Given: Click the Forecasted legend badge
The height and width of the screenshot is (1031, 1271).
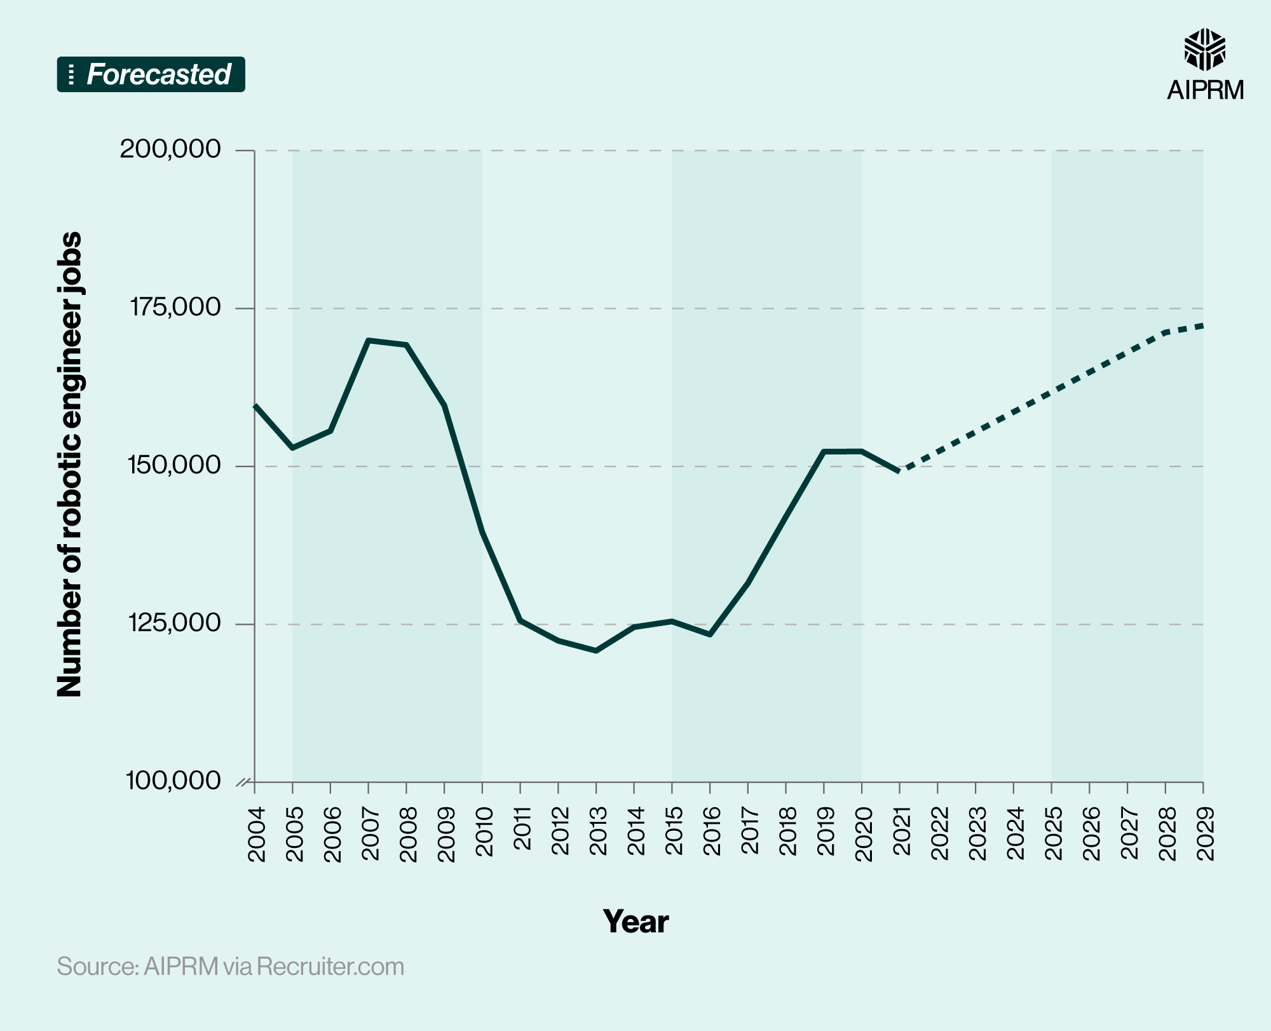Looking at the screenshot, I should (x=151, y=74).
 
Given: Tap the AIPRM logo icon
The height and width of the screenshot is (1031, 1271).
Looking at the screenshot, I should (x=1204, y=50).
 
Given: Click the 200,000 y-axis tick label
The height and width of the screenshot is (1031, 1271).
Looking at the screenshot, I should (x=170, y=149).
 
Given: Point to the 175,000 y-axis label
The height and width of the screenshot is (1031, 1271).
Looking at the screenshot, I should (x=175, y=308).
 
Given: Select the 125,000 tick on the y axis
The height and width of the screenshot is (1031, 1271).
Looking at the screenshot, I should (x=175, y=624).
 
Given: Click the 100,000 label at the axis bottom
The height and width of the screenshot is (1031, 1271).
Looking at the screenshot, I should (x=173, y=781).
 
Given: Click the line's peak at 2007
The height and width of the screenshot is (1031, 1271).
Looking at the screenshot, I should (x=369, y=341).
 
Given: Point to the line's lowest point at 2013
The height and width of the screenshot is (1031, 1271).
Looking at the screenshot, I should (x=596, y=650).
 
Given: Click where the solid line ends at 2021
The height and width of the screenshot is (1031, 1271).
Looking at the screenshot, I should (x=899, y=471).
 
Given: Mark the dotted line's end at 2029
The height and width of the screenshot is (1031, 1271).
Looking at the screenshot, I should (x=1202, y=326).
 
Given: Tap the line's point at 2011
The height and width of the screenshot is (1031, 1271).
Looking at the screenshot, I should (x=520, y=620).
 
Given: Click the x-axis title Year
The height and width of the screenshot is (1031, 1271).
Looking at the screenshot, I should (x=635, y=921).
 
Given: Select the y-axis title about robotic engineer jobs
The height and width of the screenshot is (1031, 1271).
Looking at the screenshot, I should (x=70, y=464).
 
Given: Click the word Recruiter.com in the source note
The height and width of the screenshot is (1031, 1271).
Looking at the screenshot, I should (x=330, y=966).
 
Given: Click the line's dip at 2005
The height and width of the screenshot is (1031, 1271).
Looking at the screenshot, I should (x=292, y=448).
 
